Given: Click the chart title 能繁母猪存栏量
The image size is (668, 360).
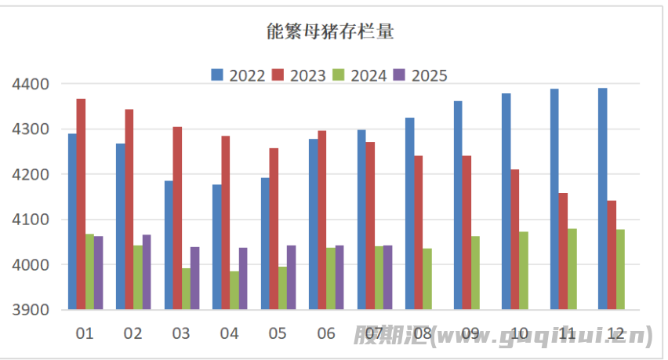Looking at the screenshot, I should point(329,32).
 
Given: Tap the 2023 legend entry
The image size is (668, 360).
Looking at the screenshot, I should point(300,75).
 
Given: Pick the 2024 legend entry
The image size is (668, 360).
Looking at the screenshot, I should point(361,75).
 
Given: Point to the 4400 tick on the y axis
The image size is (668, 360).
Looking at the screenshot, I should point(31,84).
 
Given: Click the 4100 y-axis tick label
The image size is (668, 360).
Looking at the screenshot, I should point(31,220).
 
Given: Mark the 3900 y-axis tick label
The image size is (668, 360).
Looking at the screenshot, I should point(31,310).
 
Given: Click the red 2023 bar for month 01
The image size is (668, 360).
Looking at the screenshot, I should point(81,204).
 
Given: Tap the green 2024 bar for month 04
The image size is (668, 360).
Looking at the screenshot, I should point(234,290).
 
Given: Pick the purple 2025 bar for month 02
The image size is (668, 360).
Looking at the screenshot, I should point(146,271).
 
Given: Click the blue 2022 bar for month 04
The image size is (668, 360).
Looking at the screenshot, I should point(216,247).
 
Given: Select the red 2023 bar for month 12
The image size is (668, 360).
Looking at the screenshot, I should point(612,255).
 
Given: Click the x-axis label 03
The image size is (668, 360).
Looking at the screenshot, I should point(181,333).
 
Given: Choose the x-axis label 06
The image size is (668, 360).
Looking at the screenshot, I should point(326,333).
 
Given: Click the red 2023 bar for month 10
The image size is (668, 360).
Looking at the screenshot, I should point(514,239).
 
